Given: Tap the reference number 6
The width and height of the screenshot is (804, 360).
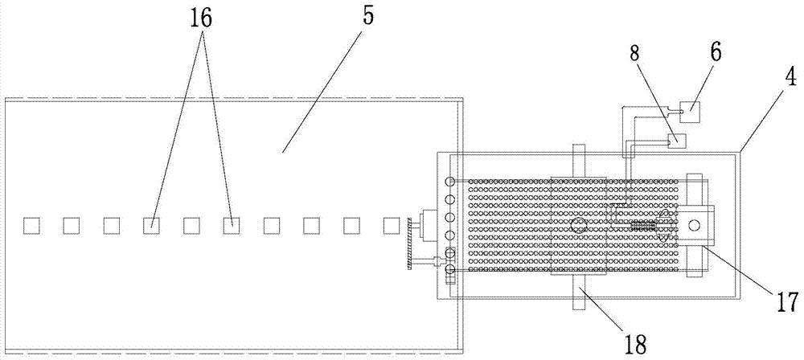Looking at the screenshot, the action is click(x=716, y=53).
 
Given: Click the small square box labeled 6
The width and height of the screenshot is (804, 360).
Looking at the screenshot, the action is click(x=689, y=112).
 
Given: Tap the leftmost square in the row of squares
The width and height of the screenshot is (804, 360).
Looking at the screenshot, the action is click(x=31, y=226).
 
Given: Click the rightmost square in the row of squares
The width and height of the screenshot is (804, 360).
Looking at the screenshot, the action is click(x=392, y=226).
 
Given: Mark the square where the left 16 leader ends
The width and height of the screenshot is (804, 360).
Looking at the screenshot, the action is click(x=151, y=226).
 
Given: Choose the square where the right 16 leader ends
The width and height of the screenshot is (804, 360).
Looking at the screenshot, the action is click(x=232, y=226).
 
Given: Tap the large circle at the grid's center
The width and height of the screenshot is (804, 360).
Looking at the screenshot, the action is click(x=578, y=225).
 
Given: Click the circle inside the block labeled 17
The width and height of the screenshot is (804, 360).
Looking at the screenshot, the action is click(x=695, y=225).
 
